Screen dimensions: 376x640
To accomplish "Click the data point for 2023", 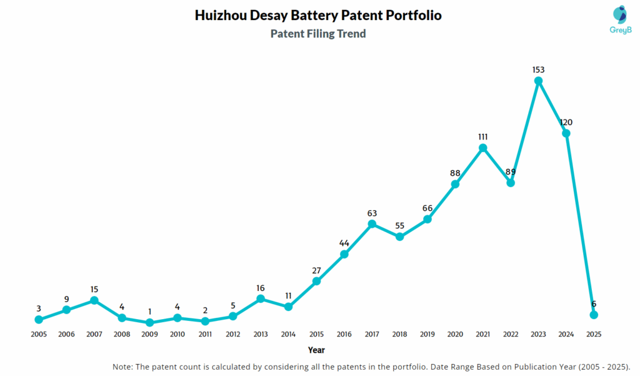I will point(538,81).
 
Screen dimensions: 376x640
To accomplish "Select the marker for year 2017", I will point(372,224).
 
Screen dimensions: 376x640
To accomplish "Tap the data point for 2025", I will point(594,315).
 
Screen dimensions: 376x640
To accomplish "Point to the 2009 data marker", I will point(149,322).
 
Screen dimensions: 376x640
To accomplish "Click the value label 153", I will point(538,69).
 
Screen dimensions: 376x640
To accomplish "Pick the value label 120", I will point(566,122).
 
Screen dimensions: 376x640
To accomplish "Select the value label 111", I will point(482,136).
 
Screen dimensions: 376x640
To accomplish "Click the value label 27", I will point(316,270).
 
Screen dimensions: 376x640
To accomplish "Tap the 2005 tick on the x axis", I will point(39,334).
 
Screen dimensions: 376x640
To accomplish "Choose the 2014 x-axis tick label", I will point(288,334).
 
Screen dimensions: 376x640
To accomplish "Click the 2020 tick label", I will point(455,334).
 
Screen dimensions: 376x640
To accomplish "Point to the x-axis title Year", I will point(316,350).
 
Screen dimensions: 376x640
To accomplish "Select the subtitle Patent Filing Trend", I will point(318,34).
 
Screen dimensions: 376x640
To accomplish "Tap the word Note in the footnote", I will point(123,366).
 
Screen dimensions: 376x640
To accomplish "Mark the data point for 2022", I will point(511,183).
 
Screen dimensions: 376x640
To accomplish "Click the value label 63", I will point(372,213).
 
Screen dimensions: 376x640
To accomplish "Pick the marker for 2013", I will point(261,298).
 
